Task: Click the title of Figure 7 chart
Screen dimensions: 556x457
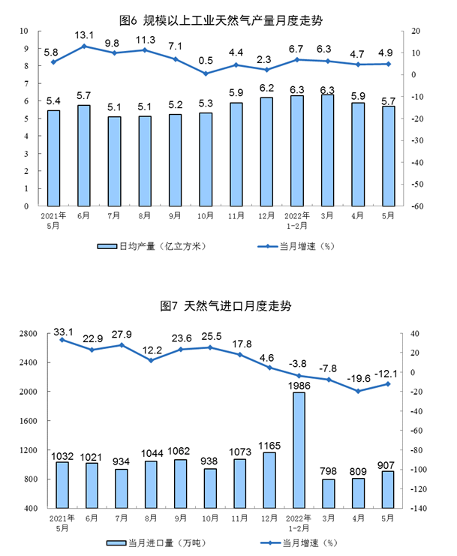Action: pos(226,306)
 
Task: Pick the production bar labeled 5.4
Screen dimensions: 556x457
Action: pos(53,158)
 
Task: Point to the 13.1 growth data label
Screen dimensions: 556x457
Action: pos(84,35)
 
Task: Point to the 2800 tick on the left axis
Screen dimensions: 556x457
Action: pos(29,333)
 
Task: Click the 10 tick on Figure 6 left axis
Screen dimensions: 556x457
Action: pos(25,32)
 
